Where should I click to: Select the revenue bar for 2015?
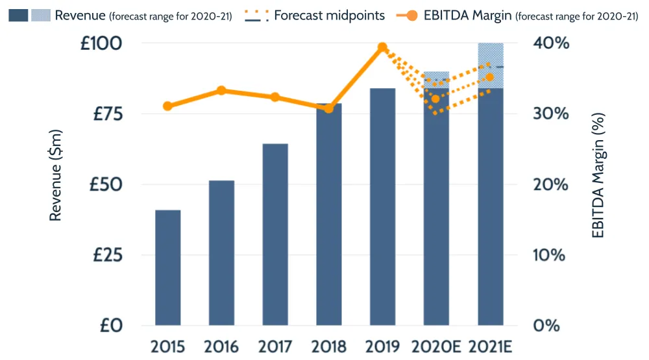click(x=167, y=267)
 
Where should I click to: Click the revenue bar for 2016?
click(x=221, y=253)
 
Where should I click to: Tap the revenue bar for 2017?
click(x=275, y=234)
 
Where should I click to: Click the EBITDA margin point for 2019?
click(x=382, y=47)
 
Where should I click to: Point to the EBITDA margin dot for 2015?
click(x=167, y=106)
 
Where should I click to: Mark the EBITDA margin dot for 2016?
click(x=221, y=90)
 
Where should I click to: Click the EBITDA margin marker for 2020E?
click(x=436, y=99)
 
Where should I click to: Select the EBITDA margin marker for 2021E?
click(x=490, y=78)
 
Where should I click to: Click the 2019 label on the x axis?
click(x=382, y=346)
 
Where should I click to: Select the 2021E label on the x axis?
click(x=490, y=346)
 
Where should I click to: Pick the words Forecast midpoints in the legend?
click(x=329, y=15)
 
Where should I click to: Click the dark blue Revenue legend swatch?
click(x=18, y=15)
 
